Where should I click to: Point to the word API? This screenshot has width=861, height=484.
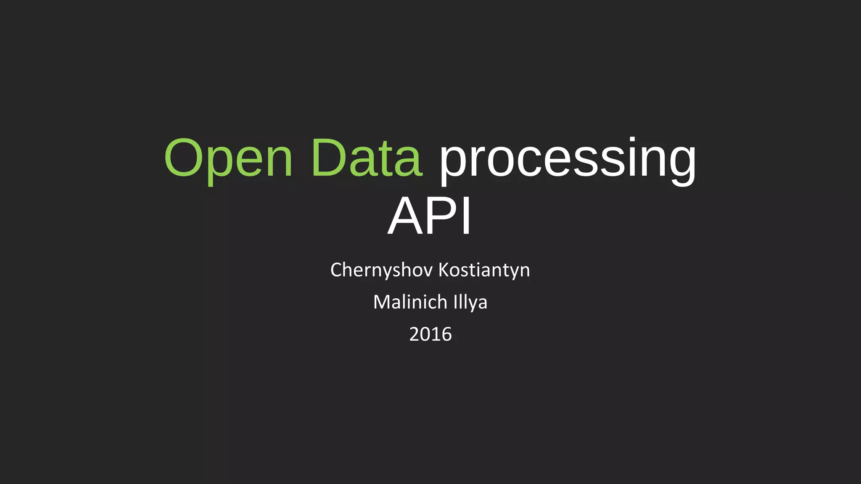tap(430, 216)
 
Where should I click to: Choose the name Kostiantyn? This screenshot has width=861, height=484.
tap(484, 270)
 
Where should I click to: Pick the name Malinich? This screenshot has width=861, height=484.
tap(410, 302)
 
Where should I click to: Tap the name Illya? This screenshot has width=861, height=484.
tap(470, 302)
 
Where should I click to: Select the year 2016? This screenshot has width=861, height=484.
tap(430, 334)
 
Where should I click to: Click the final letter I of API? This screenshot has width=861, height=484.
tap(466, 216)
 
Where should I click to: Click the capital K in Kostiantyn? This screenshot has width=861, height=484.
tap(444, 270)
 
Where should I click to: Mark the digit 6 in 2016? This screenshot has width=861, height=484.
tap(446, 334)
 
